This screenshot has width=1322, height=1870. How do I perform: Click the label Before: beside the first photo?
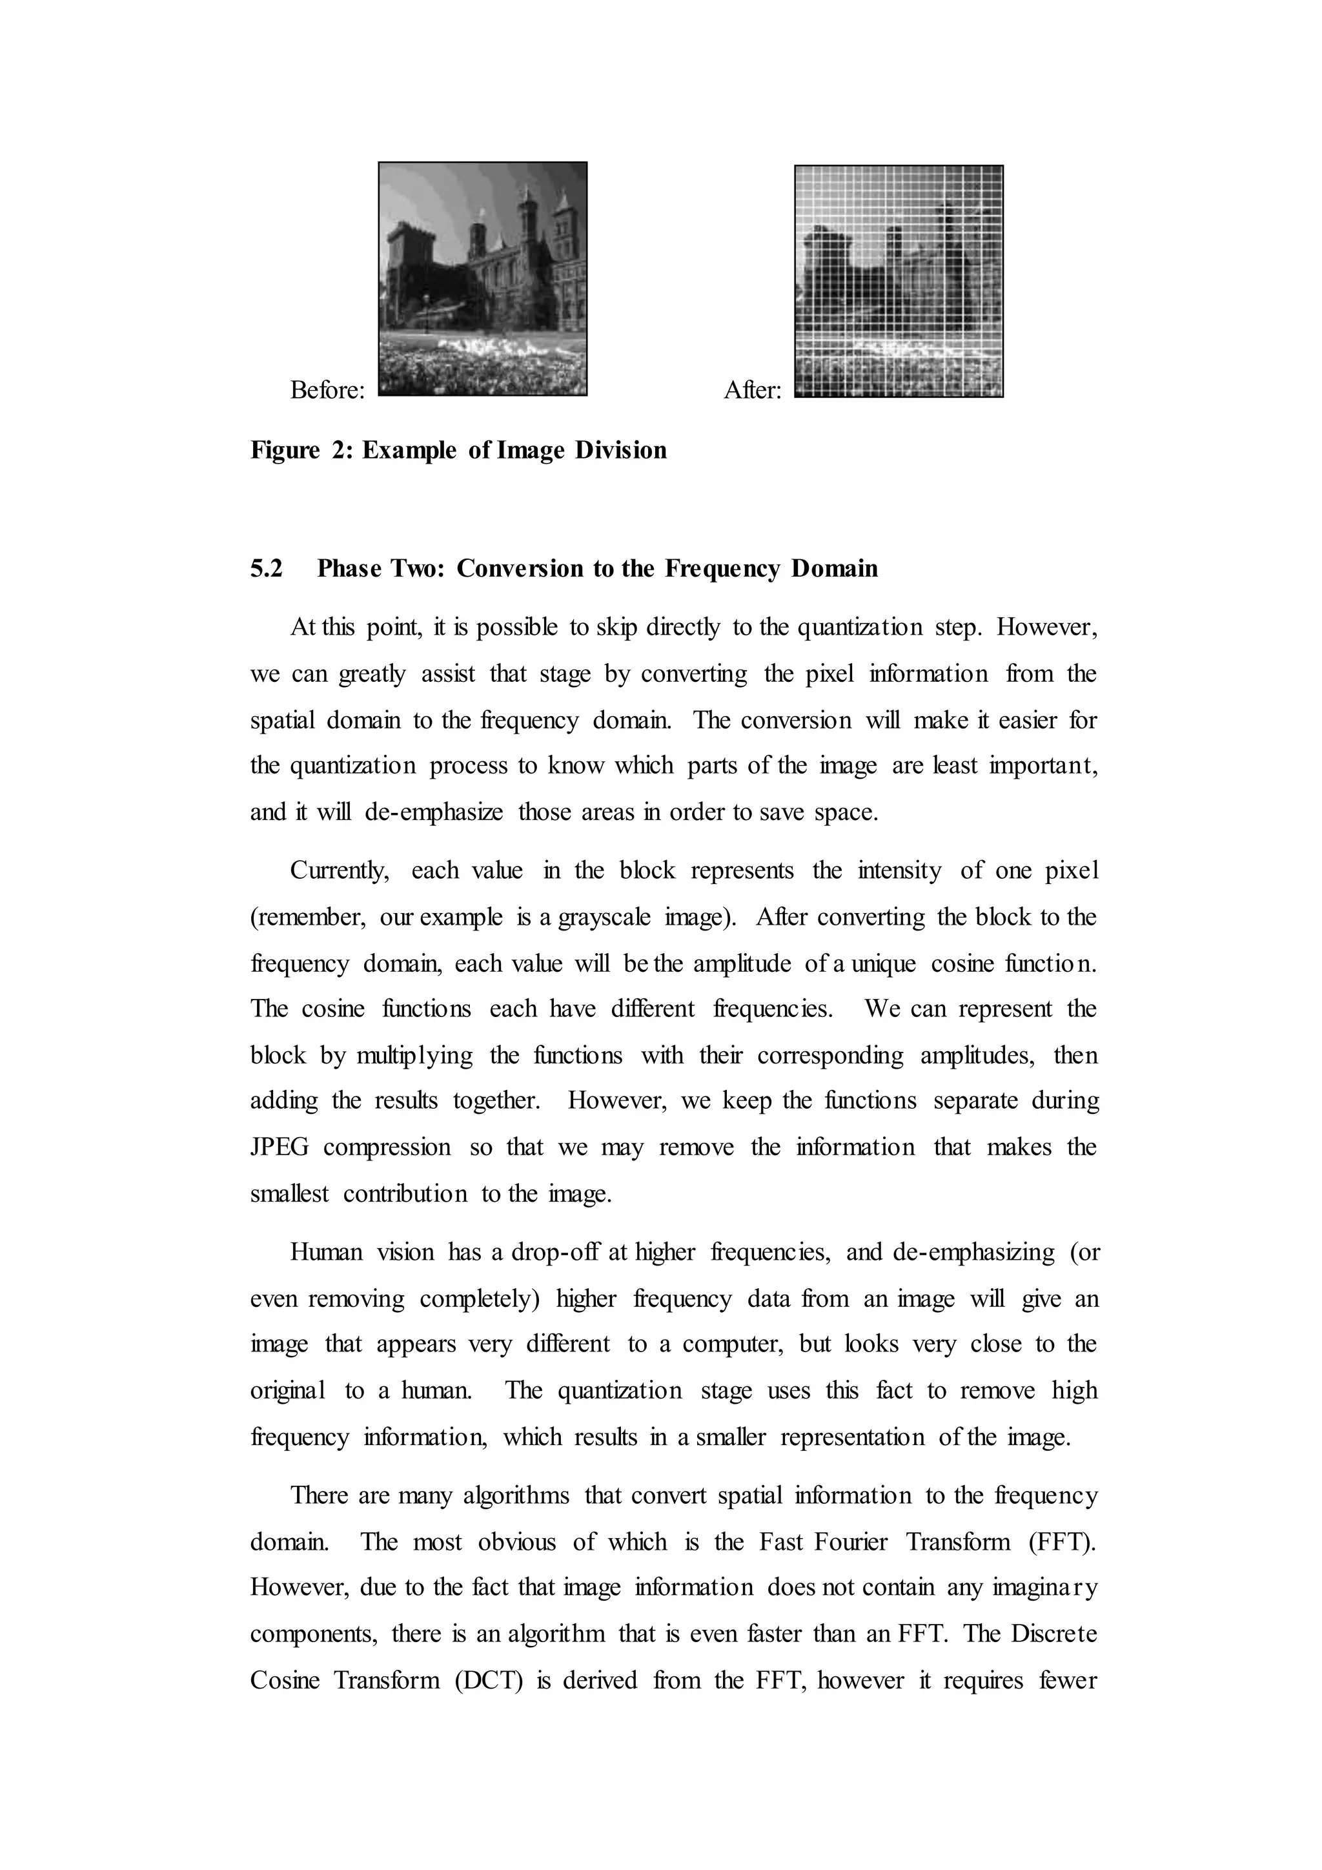tap(327, 390)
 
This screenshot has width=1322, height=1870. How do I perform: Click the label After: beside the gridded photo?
tap(752, 390)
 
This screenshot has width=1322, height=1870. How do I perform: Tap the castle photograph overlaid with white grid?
tap(899, 281)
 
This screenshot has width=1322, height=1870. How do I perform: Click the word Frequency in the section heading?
tap(724, 568)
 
